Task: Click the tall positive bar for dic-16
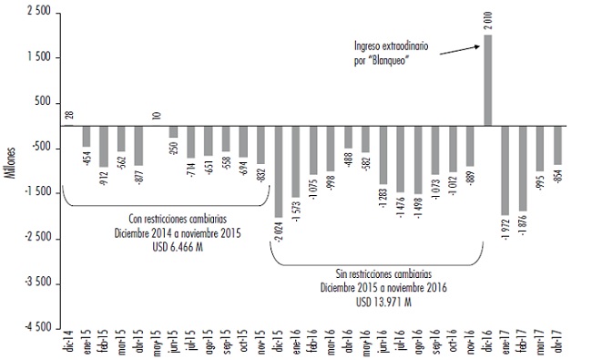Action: (488, 80)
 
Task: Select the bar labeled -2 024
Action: (279, 171)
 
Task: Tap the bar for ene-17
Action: (505, 170)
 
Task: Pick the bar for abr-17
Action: (557, 145)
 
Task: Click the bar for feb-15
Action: (104, 146)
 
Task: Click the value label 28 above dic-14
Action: (69, 115)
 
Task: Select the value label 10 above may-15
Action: (157, 116)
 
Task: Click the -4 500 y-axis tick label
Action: (36, 327)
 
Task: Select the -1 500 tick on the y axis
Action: (36, 193)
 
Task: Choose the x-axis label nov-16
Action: (471, 345)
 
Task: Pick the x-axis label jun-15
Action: (174, 345)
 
